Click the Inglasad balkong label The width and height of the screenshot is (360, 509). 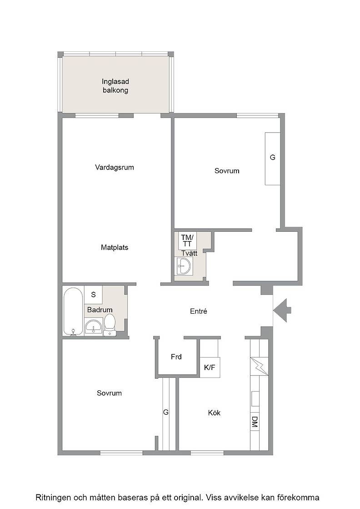point(115,86)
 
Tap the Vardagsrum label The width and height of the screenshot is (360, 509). point(114,168)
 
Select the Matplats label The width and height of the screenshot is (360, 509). point(114,248)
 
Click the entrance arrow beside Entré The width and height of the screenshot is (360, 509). point(282,310)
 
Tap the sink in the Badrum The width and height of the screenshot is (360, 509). point(94,326)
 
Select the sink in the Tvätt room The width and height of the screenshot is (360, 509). point(183,266)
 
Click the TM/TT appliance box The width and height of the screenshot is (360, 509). point(187,240)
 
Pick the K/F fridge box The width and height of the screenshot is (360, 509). point(210,368)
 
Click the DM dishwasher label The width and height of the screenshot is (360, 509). point(255,422)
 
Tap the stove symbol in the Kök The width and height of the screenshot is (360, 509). point(260,366)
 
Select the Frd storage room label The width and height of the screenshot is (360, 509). point(176,357)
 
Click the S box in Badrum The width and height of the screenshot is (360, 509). point(94,295)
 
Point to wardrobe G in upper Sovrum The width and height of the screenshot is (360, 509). point(273,159)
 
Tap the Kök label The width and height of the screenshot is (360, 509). point(214,413)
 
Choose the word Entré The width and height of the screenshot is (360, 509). point(199,311)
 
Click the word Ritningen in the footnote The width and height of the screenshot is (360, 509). point(54,498)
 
